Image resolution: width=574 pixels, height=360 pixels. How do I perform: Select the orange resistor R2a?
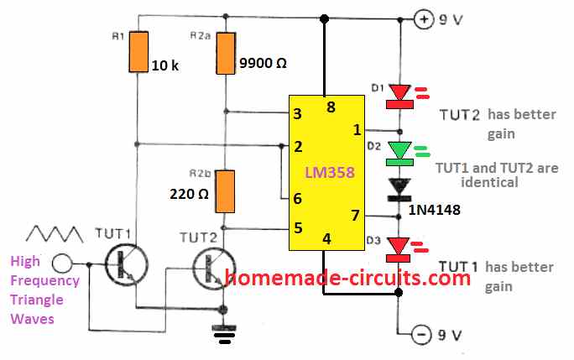(x=225, y=52)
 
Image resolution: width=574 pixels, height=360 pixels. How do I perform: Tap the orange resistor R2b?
(x=225, y=190)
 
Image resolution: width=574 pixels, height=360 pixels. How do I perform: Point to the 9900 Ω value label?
(x=261, y=61)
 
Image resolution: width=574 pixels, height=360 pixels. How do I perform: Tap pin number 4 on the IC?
(x=326, y=239)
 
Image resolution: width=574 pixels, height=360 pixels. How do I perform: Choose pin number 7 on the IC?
(x=355, y=217)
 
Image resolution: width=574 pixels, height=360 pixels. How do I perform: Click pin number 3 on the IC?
(x=296, y=113)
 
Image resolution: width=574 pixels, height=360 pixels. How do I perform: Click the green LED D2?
(x=399, y=151)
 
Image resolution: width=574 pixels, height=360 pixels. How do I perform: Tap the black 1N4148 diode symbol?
(x=399, y=187)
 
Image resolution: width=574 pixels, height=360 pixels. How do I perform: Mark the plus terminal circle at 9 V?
(x=426, y=18)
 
